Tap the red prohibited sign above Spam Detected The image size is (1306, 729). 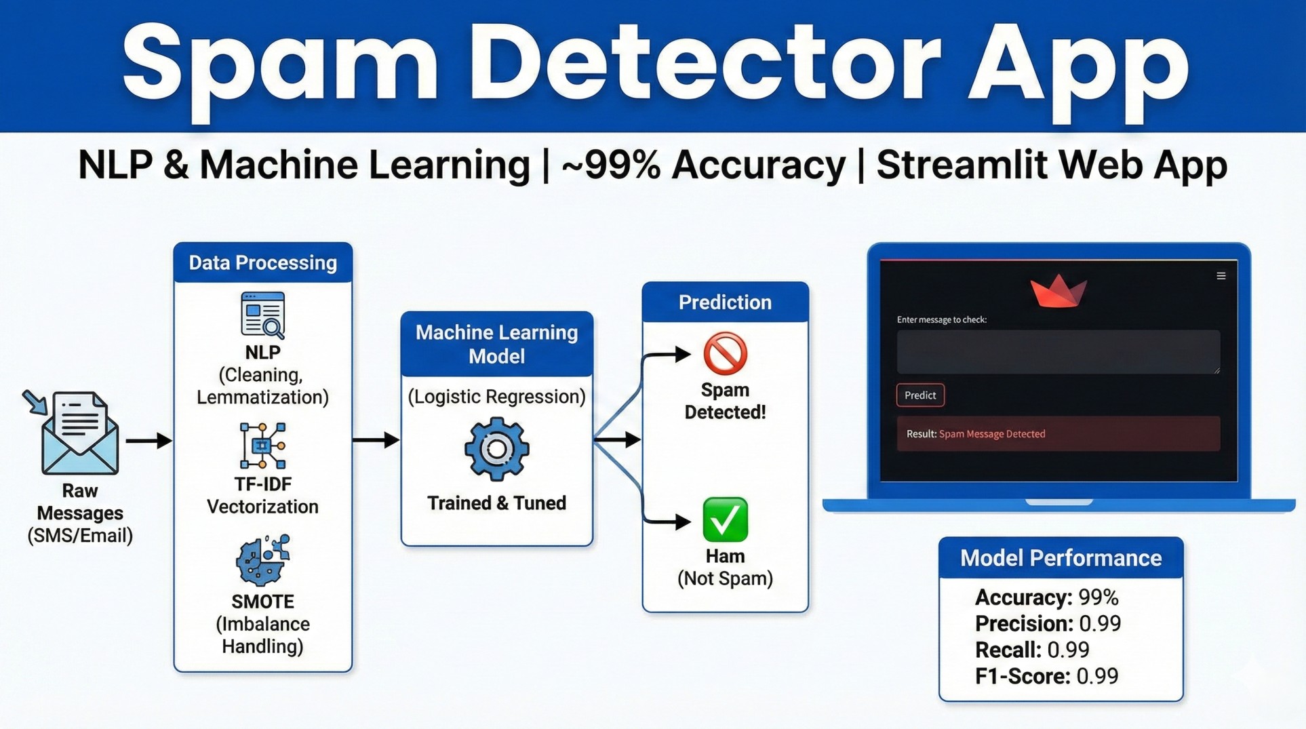pyautogui.click(x=725, y=353)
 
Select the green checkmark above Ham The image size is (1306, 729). pyautogui.click(x=725, y=519)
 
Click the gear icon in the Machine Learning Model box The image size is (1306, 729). pyautogui.click(x=496, y=449)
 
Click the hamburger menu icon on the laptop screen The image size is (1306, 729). pyautogui.click(x=1221, y=276)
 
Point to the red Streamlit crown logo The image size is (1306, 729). pyautogui.click(x=1058, y=292)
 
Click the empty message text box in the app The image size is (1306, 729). pyautogui.click(x=1058, y=352)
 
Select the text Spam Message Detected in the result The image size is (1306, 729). pyautogui.click(x=991, y=434)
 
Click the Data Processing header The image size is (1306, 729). pyautogui.click(x=262, y=263)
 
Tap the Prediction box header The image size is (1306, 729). pyautogui.click(x=725, y=302)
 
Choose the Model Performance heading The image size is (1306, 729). pyautogui.click(x=1061, y=558)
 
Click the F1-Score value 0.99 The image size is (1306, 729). pyautogui.click(x=1097, y=676)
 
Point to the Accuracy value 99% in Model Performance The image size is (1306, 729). pyautogui.click(x=1098, y=597)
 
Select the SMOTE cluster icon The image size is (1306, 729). pyautogui.click(x=262, y=560)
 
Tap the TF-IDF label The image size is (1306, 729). pyautogui.click(x=262, y=484)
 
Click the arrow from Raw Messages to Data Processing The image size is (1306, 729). pyautogui.click(x=149, y=441)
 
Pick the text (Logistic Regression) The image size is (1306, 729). pyautogui.click(x=496, y=397)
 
